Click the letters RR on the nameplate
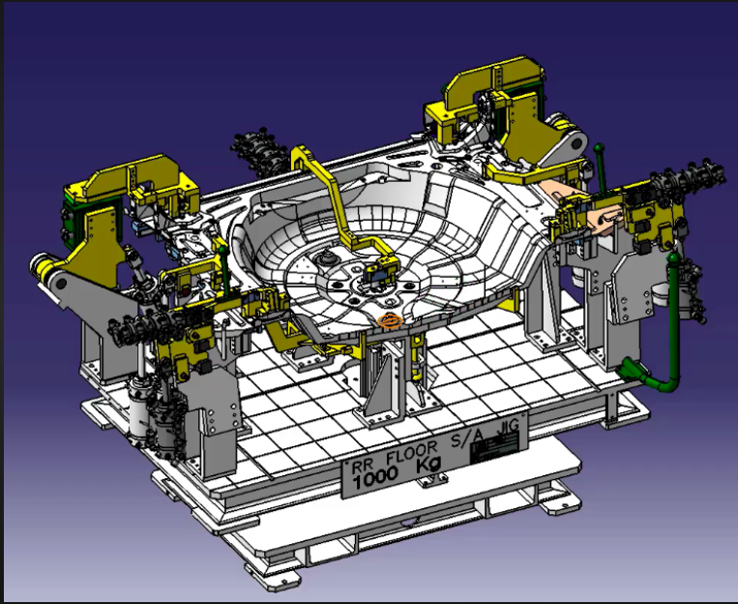pos(369,468)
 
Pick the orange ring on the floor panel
pos(389,320)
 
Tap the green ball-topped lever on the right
pos(600,151)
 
